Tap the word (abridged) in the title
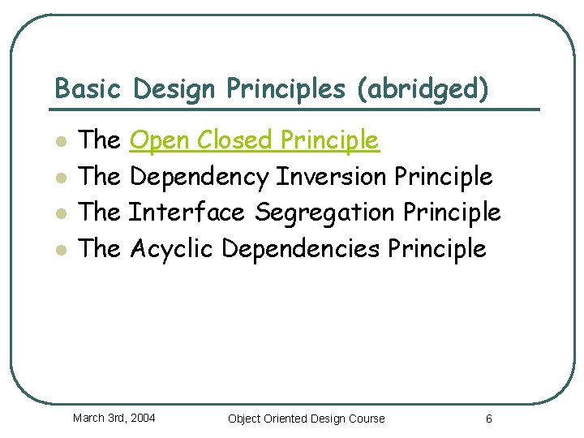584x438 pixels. tap(423, 88)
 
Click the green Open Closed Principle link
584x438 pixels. tap(254, 140)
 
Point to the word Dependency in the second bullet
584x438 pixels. tap(199, 176)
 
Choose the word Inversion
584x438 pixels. tap(331, 176)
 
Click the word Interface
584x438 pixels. tap(187, 212)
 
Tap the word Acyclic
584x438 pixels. tap(171, 247)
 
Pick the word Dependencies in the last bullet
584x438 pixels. tap(299, 247)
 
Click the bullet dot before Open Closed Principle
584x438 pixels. tap(59, 142)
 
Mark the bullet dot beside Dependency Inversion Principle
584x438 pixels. tap(59, 178)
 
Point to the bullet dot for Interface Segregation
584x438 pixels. tap(59, 213)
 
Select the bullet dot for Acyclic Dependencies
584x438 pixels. tap(59, 249)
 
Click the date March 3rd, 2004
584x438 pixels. tap(114, 418)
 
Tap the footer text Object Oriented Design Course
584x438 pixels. tap(307, 419)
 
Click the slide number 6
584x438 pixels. tap(488, 419)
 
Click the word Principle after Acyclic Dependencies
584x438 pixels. tap(436, 247)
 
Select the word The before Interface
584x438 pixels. tap(100, 212)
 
